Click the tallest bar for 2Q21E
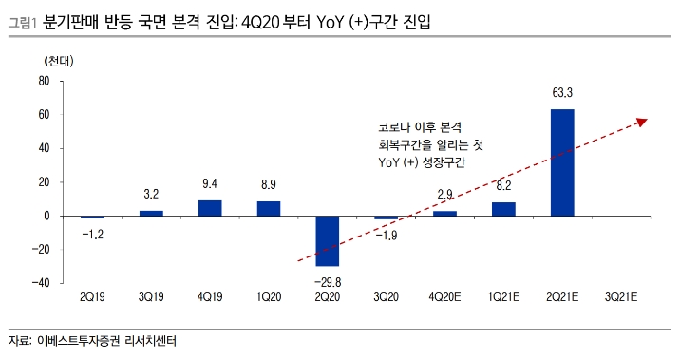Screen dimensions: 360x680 [562, 162]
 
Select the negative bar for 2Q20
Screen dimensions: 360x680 [328, 240]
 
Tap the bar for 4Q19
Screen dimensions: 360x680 [210, 208]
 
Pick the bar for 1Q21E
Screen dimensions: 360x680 [503, 209]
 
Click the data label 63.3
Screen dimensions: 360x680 [562, 93]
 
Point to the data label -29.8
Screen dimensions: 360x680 [328, 281]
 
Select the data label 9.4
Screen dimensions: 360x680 [210, 184]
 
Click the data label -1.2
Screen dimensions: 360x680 [91, 233]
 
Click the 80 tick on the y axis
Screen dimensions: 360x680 [44, 82]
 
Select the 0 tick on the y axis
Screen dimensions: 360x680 [47, 216]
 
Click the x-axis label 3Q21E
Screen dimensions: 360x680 [621, 297]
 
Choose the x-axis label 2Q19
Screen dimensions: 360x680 [92, 297]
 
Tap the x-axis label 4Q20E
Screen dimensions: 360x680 [444, 297]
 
